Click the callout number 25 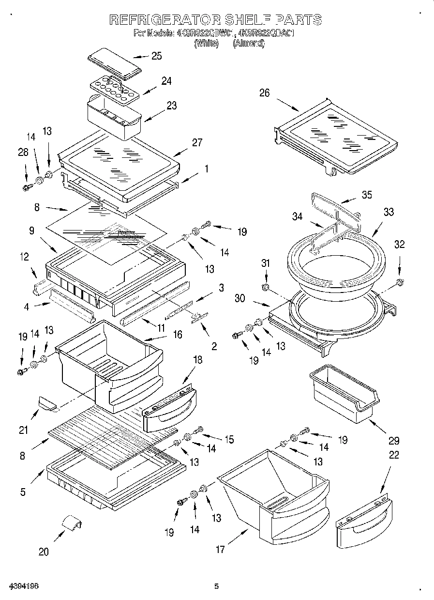pos(156,56)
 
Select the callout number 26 pos(264,93)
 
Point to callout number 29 pos(394,441)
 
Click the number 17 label pos(221,549)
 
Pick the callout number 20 pos(44,552)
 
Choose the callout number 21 pos(24,430)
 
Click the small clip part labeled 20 pos(71,524)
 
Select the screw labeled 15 pos(198,430)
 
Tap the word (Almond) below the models pos(249,43)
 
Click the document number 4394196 pos(24,586)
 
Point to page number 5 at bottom pos(217,586)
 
